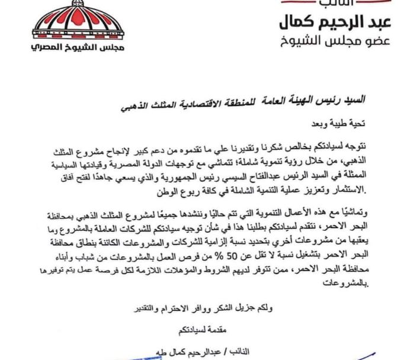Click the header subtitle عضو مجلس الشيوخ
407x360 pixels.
pyautogui.click(x=335, y=45)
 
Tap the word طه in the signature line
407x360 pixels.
pyautogui.click(x=150, y=352)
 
